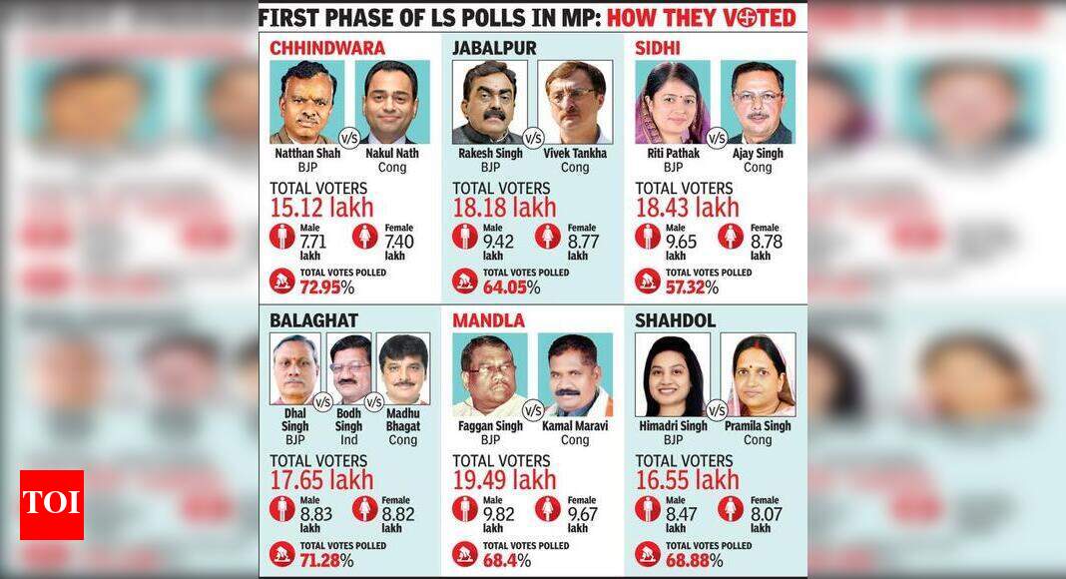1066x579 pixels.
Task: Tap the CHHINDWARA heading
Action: pos(327,48)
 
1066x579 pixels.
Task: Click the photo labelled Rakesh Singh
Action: pos(489,103)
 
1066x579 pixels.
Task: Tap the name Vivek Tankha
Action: pos(575,154)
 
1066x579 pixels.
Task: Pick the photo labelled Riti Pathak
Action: pos(673,103)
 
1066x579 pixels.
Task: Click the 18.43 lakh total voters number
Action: pos(688,209)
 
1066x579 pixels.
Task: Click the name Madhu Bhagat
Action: pos(403,426)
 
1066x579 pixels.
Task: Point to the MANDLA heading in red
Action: pos(488,320)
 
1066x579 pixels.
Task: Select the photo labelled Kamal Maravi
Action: pos(575,374)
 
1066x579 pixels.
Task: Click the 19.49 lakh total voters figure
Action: pos(505,481)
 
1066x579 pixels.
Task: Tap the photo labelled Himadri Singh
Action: pos(673,374)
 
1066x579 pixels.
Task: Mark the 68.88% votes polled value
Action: pos(688,560)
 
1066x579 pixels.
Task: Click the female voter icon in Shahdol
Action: pos(731,509)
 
